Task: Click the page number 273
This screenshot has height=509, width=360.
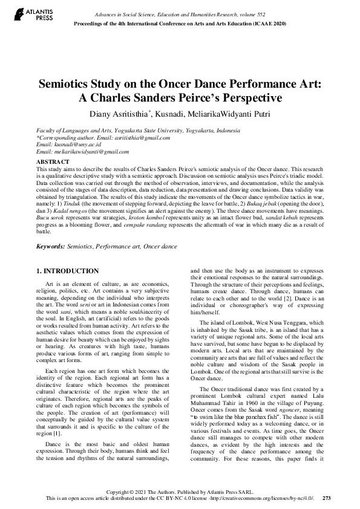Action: [x=327, y=498]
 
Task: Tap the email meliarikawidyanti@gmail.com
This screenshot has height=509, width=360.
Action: [x=80, y=152]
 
